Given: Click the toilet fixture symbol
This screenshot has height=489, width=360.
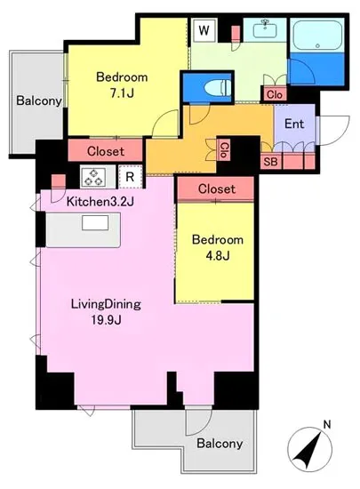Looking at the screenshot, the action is (x=218, y=88).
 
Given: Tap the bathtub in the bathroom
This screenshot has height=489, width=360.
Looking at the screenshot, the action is (x=317, y=35).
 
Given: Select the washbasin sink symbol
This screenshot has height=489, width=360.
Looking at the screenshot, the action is (x=265, y=30).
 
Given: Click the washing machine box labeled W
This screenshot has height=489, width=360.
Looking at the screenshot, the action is (x=204, y=30).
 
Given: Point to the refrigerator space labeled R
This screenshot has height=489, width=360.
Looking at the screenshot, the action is (x=131, y=177).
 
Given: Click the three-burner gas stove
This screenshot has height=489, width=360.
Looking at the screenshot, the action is (x=93, y=177).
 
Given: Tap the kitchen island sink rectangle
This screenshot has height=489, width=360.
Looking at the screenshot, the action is (x=95, y=222).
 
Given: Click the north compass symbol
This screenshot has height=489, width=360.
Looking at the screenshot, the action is (x=309, y=449).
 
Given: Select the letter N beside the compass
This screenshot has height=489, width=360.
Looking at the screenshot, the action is (x=327, y=424).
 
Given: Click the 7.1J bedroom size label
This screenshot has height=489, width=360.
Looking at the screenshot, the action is (x=122, y=92).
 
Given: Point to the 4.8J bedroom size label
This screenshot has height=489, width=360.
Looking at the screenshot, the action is (x=218, y=256).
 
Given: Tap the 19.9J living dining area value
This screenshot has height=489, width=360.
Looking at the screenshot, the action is (x=106, y=320).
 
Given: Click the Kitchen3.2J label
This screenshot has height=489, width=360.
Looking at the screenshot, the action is (x=100, y=202).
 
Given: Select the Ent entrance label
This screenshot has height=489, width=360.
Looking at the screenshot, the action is (x=294, y=124).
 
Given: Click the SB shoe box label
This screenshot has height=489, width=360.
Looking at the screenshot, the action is (x=270, y=162).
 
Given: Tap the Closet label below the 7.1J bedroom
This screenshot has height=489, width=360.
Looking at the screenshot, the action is (x=106, y=151).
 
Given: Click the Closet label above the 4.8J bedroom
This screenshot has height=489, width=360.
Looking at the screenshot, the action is (x=217, y=188).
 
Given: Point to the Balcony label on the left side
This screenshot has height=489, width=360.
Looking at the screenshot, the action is (x=39, y=100).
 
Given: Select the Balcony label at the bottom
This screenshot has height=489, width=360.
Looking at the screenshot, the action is (x=220, y=443).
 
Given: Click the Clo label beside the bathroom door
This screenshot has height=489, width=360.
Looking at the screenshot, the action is (x=275, y=94).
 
